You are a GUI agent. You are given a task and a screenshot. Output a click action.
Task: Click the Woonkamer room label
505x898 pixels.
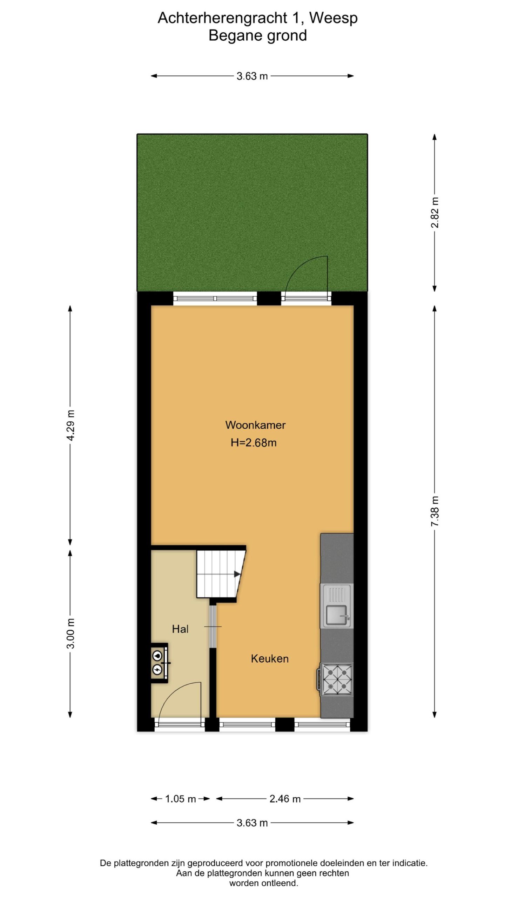point(255,425)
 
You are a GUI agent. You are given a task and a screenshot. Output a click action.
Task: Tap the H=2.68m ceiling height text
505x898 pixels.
point(254,443)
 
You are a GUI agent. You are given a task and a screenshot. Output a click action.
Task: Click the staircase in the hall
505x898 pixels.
point(221,574)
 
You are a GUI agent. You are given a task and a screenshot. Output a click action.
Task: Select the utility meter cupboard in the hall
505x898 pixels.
point(160,663)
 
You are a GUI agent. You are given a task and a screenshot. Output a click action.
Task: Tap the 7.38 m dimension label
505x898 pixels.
point(435,511)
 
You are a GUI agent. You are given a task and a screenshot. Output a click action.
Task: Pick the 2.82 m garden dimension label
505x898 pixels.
point(435,213)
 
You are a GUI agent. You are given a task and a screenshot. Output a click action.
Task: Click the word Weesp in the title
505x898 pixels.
point(334,18)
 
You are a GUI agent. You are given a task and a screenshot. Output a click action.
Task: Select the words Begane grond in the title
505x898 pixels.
point(258,35)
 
